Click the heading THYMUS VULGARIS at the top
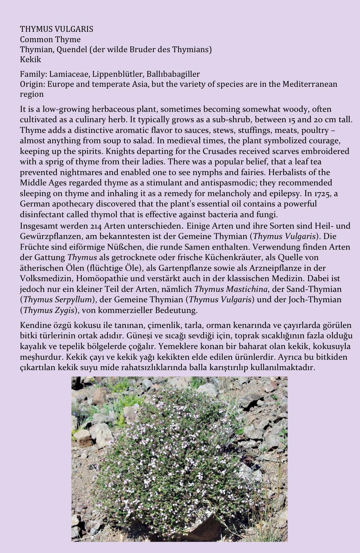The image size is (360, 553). (56, 29)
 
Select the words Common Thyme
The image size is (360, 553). (50, 39)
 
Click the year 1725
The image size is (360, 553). (324, 193)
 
